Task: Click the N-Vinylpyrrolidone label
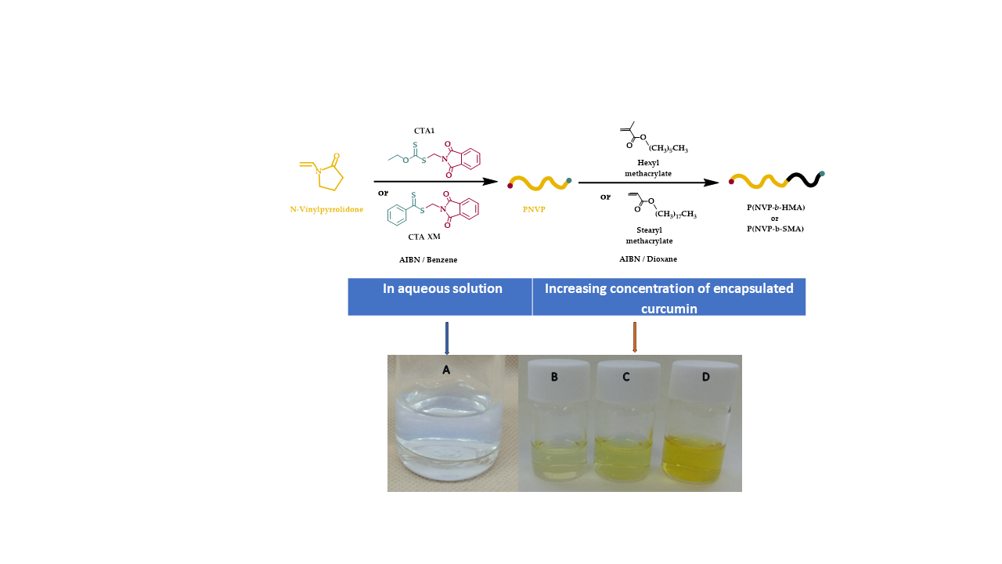[326, 209]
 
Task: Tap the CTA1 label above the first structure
[424, 130]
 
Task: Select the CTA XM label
[424, 237]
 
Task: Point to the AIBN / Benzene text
[428, 258]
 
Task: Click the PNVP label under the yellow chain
[533, 209]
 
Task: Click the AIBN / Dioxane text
[647, 258]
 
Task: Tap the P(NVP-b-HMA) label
[776, 208]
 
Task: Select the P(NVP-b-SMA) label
[776, 228]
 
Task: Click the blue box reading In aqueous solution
[441, 296]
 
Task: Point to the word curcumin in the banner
[669, 309]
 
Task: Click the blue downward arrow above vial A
[446, 338]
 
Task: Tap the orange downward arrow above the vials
[634, 338]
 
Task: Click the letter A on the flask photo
[445, 370]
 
